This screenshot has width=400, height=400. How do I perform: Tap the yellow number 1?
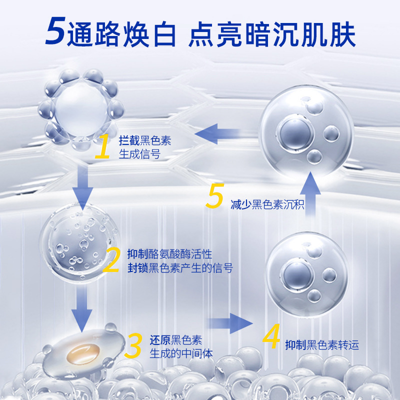coord(103,146)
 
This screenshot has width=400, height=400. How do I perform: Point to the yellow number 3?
coord(133,346)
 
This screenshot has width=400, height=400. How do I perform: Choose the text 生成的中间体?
coord(181,353)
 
